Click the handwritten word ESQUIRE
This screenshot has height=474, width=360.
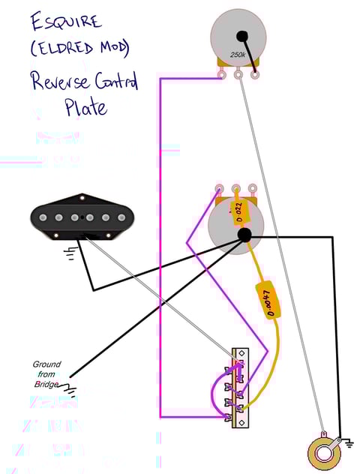point(65,22)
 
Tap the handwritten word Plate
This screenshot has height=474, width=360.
point(86,107)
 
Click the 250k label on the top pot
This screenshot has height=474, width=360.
point(238,55)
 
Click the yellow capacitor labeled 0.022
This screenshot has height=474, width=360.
point(238,213)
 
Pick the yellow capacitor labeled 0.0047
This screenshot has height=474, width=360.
point(268,299)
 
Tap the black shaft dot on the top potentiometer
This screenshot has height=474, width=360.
point(241,36)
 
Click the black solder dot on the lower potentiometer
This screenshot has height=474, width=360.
point(244,235)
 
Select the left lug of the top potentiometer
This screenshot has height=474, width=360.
point(222,73)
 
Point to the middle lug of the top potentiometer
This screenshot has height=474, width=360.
point(238,73)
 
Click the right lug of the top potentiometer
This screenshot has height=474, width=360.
point(255,73)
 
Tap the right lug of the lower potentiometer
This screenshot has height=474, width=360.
point(252,189)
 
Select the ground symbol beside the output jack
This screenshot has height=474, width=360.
point(349,443)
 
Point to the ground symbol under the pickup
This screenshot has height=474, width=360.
point(72,253)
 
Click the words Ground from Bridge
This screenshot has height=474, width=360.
point(47,374)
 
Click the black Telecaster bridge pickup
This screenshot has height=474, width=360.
point(82,217)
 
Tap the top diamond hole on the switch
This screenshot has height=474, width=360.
point(241,352)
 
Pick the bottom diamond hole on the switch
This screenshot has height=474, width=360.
point(241,422)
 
